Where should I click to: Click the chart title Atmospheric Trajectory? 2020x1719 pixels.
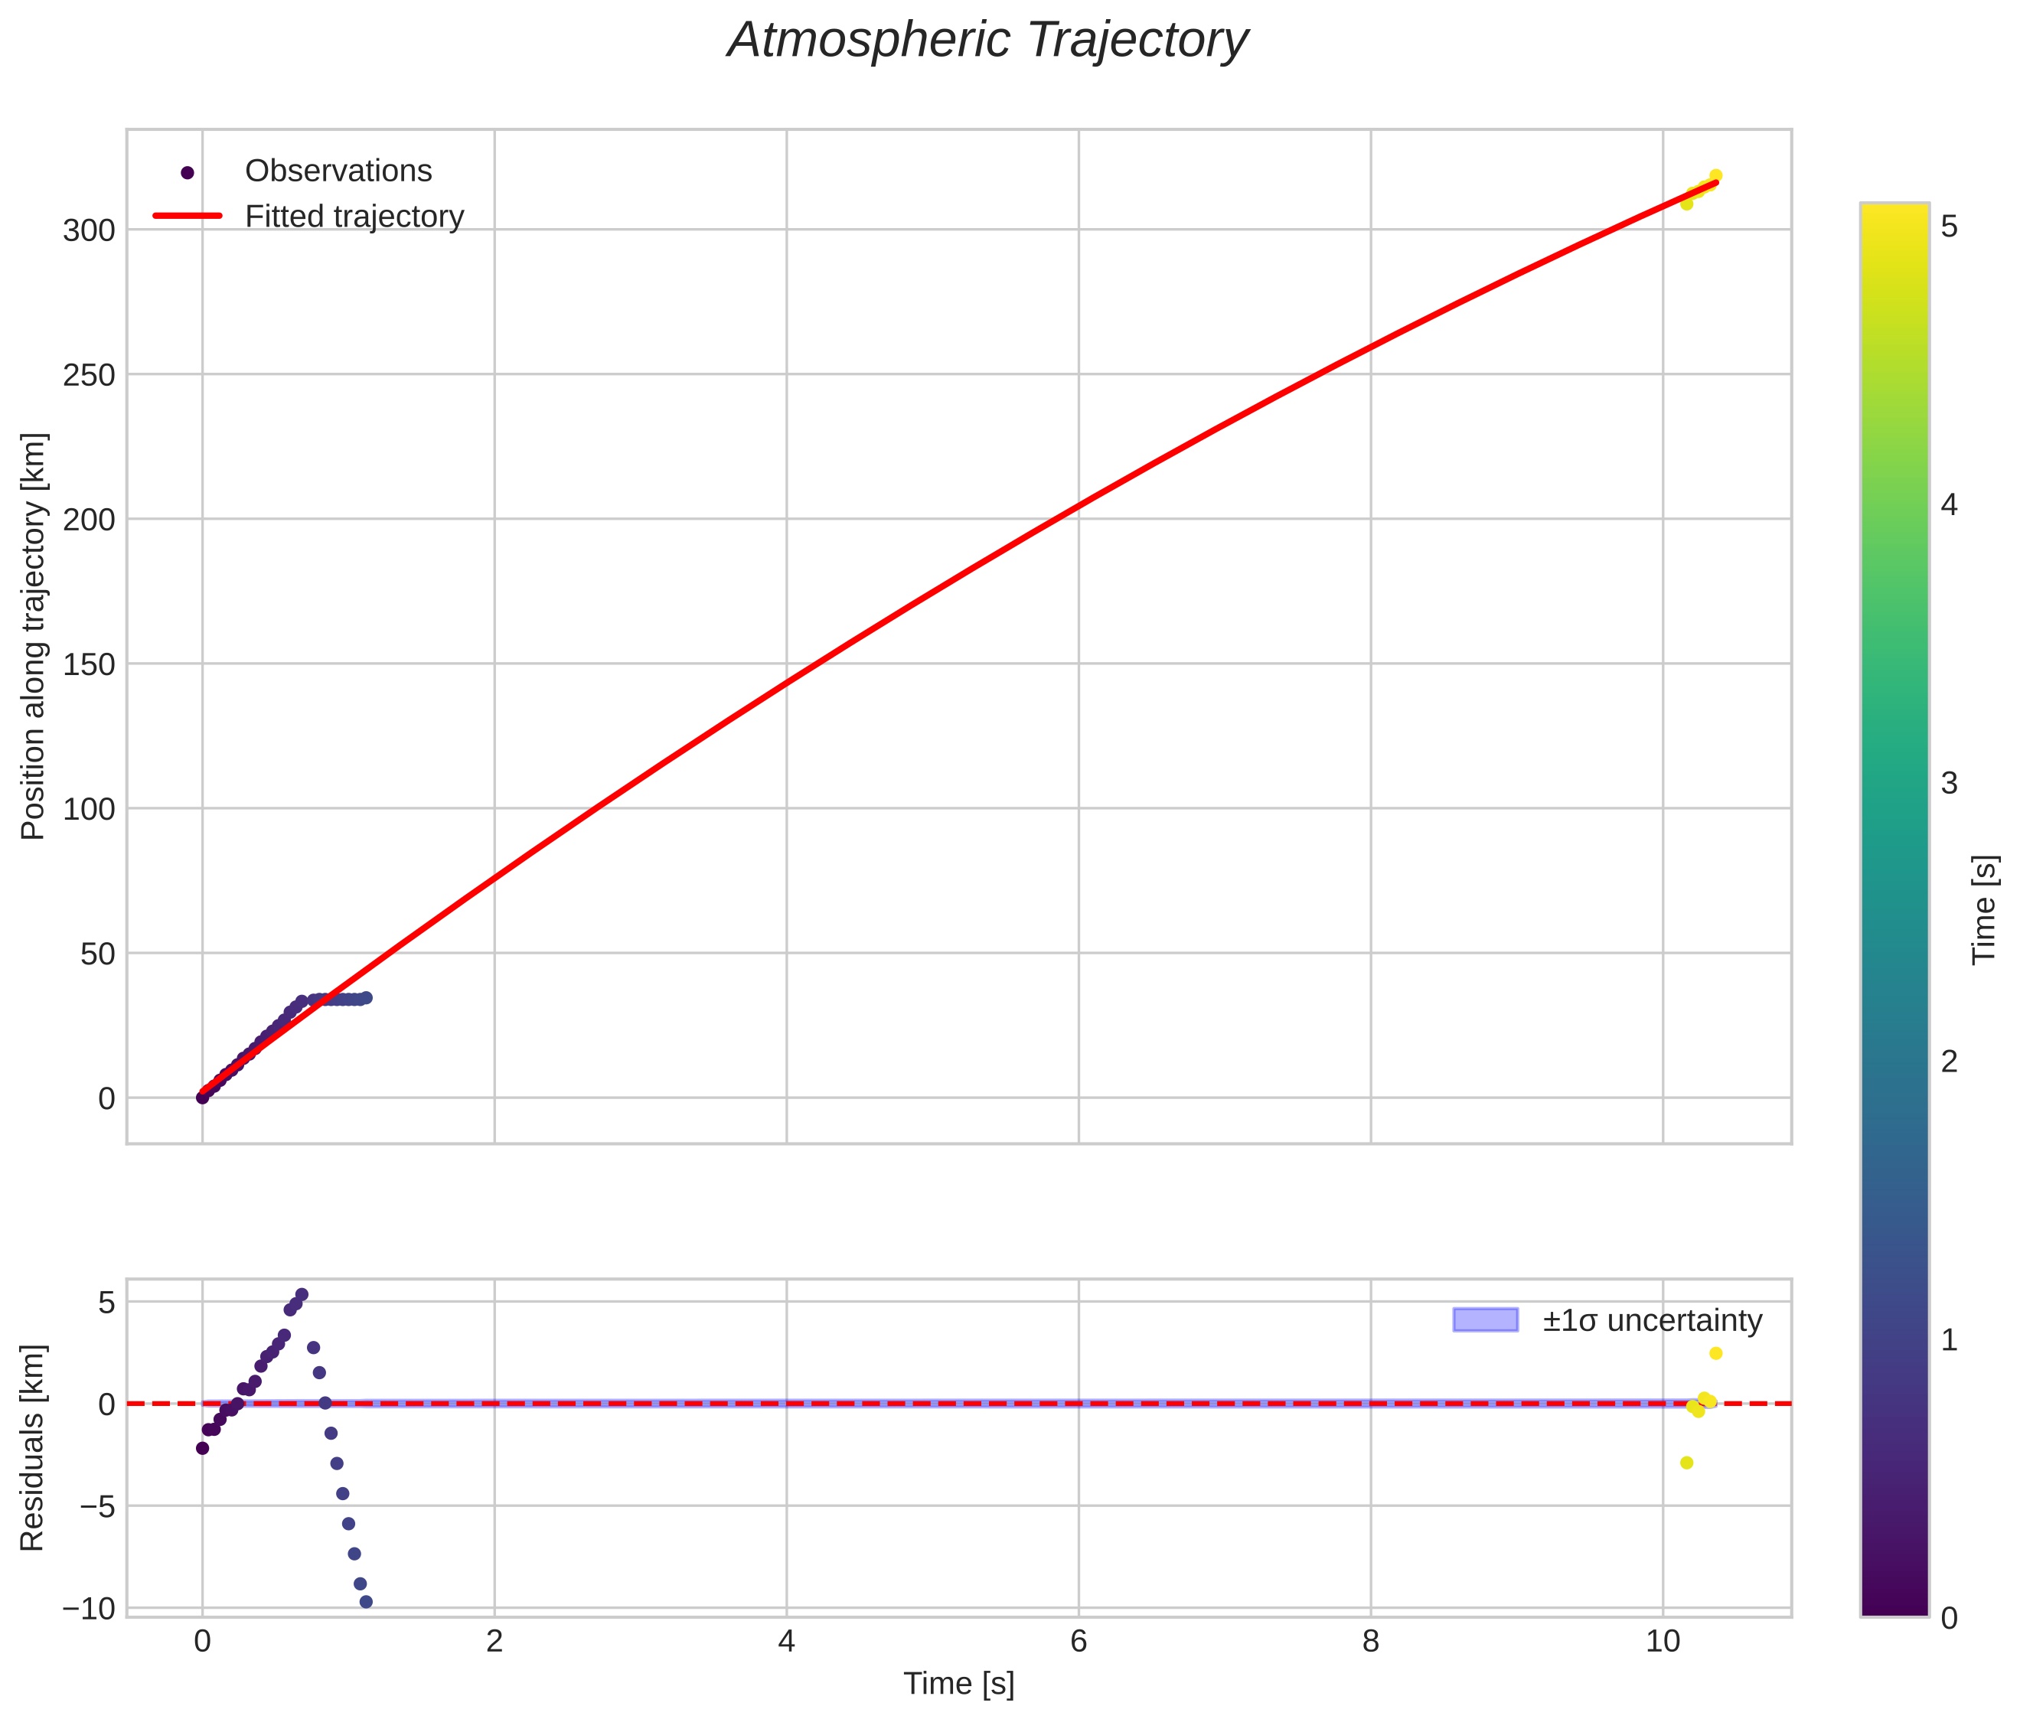click(987, 41)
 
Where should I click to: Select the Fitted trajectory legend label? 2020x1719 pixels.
click(354, 217)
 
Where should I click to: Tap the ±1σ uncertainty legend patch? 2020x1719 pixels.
click(1485, 1319)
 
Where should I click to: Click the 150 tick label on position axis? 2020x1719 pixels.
click(89, 664)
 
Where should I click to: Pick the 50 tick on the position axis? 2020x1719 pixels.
click(97, 954)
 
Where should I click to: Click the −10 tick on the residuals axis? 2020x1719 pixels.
click(89, 1609)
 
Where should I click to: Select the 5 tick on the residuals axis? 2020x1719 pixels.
click(106, 1303)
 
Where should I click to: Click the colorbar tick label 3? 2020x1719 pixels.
click(1949, 784)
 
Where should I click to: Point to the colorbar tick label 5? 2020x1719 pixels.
click(1949, 227)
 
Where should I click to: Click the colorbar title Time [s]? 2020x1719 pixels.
click(1984, 909)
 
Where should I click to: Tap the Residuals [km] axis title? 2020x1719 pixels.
click(33, 1448)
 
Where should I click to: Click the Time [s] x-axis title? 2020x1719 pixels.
click(959, 1684)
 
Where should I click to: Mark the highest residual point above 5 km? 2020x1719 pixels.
click(302, 1295)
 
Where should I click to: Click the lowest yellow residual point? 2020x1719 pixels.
click(1687, 1463)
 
